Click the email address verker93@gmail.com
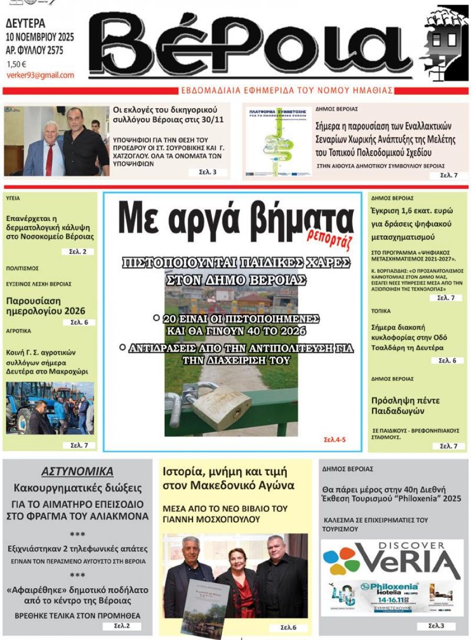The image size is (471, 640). tap(40, 75)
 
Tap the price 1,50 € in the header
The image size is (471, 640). tap(17, 64)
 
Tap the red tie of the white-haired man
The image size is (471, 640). tap(50, 159)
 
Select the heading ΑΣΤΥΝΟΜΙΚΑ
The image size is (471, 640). tap(77, 472)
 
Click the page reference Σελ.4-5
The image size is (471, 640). tap(335, 440)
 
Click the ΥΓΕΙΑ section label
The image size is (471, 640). tap(13, 199)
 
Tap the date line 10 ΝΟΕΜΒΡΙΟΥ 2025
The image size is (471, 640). tap(40, 37)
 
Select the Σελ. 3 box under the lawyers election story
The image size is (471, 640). tap(208, 172)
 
